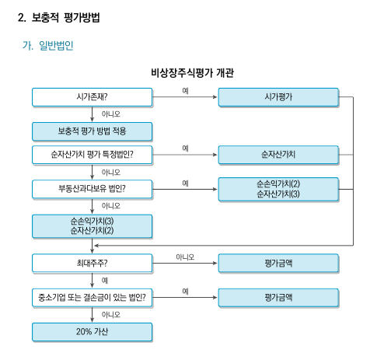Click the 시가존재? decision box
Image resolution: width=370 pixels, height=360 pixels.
pos(92,97)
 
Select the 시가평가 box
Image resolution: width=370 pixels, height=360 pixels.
pos(278,97)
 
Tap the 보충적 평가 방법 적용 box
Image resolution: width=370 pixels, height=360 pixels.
pos(92,131)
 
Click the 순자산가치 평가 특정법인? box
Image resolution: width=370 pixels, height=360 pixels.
pos(92,155)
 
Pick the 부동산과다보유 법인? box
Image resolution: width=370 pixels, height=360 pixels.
pos(92,189)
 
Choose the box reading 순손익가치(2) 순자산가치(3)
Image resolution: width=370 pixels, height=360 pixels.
pos(278,189)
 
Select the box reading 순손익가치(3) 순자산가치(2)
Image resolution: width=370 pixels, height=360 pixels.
pos(92,226)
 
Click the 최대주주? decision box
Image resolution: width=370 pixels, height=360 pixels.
pos(92,263)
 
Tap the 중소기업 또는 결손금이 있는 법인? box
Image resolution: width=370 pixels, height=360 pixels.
pos(92,297)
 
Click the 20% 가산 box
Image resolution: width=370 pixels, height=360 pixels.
pos(92,332)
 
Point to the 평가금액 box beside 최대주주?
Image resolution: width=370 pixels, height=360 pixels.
pos(278,263)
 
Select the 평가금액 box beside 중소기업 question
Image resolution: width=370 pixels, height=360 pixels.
pos(278,297)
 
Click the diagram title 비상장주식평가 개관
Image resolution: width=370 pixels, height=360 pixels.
pos(193,73)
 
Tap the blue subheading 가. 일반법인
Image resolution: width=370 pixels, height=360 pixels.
pos(48,46)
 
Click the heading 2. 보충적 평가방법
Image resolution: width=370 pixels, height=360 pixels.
pos(59,17)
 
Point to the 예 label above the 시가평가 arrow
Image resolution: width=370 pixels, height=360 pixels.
pos(185,91)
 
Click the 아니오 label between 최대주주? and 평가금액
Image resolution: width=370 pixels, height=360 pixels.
pos(185,257)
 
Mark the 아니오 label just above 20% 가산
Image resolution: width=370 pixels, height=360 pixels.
pos(111,315)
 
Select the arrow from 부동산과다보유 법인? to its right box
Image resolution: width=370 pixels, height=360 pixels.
pos(185,189)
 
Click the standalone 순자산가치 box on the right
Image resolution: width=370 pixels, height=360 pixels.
pos(278,155)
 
